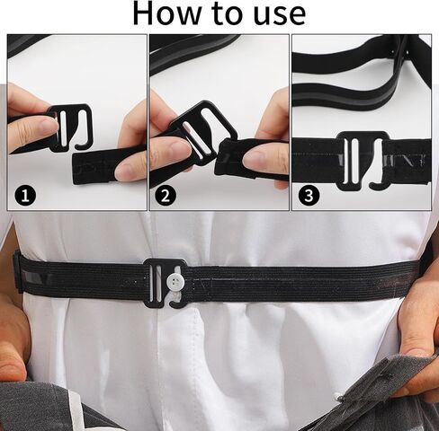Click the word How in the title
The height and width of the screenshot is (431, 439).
tap(170, 13)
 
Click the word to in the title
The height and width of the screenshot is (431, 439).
tap(224, 14)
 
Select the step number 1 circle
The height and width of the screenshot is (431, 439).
tap(25, 195)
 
